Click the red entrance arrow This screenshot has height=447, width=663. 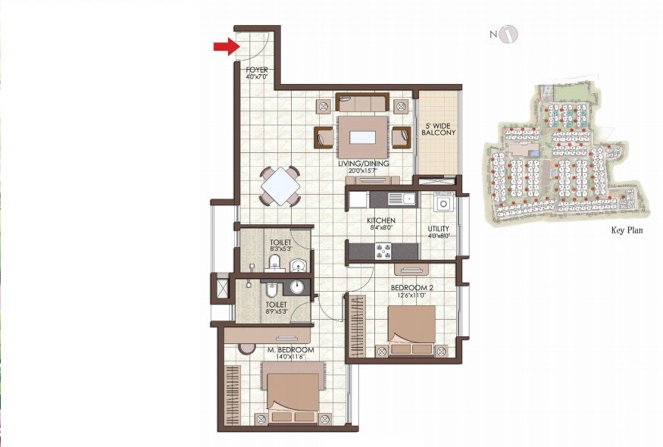click(225, 47)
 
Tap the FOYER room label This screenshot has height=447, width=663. click(257, 70)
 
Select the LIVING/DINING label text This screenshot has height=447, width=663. click(364, 164)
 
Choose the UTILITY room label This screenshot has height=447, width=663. click(439, 228)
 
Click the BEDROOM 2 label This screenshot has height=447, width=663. click(411, 288)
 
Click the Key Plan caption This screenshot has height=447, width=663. click(627, 230)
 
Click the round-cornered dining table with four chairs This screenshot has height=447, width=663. click(280, 185)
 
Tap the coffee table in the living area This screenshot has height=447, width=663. click(362, 134)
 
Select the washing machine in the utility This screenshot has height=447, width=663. click(443, 203)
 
